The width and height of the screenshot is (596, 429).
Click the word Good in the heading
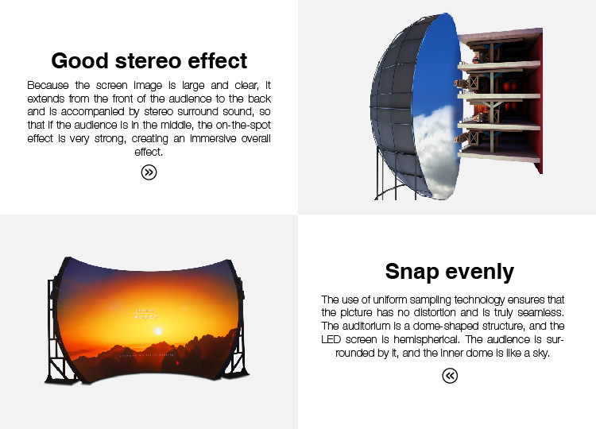[79, 61]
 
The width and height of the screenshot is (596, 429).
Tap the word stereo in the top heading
[149, 61]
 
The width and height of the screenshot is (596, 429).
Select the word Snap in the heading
[412, 272]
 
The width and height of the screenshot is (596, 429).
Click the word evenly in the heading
[480, 272]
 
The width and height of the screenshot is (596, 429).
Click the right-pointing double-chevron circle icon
[149, 172]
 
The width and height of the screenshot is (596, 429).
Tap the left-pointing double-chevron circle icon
[450, 376]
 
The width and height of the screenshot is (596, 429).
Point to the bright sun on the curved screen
[158, 331]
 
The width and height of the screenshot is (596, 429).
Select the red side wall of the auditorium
[536, 102]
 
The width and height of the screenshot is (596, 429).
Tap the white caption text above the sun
[146, 314]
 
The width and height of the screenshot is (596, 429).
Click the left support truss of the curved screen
[57, 330]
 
